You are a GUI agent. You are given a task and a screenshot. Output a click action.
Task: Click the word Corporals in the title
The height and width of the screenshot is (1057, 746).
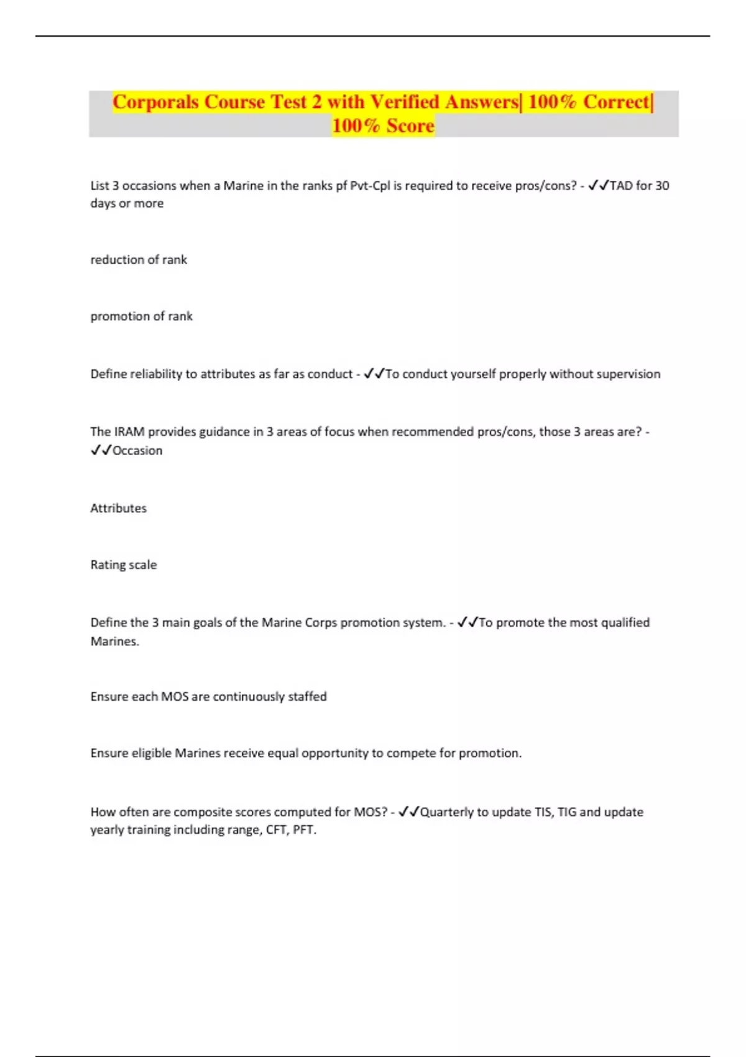pos(156,102)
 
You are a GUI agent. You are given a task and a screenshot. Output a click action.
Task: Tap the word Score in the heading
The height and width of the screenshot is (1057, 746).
pos(410,126)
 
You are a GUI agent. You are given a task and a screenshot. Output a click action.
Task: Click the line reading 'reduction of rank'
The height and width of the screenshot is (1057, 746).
pos(139,260)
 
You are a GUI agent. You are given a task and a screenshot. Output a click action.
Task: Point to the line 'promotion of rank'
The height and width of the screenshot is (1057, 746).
pos(142,316)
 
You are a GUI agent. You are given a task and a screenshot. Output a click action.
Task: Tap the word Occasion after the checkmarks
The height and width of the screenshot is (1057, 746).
pos(137,451)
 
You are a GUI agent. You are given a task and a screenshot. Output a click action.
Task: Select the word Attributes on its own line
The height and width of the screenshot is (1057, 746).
pos(119,509)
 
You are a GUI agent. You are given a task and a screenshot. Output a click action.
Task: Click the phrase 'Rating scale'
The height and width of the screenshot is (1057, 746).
pos(124,565)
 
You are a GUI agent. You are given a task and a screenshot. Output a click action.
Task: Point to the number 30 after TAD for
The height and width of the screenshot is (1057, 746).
pos(662,186)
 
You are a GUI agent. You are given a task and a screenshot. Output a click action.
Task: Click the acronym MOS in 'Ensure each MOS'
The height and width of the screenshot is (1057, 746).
pos(175,697)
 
